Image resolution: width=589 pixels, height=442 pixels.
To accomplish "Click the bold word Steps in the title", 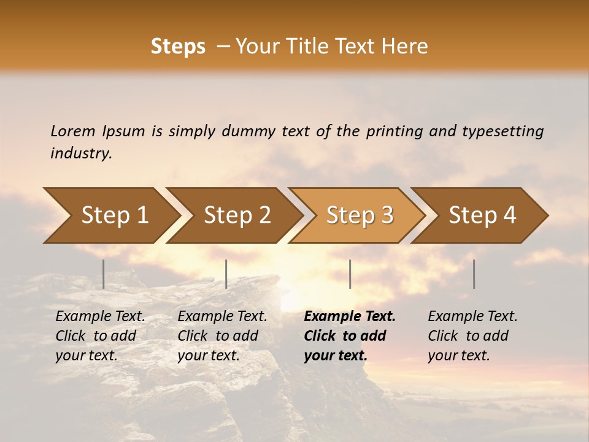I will pyautogui.click(x=178, y=47).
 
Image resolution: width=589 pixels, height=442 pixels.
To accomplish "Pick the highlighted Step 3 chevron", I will pyautogui.click(x=360, y=215).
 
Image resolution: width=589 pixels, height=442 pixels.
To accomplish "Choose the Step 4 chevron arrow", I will pyautogui.click(x=482, y=215).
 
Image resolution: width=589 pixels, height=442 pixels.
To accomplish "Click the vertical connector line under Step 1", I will pyautogui.click(x=104, y=274).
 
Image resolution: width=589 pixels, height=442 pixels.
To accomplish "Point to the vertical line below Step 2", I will pyautogui.click(x=226, y=274).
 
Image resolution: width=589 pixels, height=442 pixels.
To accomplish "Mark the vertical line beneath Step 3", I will pyautogui.click(x=350, y=274).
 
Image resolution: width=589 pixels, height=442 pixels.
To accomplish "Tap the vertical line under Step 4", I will pyautogui.click(x=474, y=274).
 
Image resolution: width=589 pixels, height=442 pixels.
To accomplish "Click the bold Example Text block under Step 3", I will pyautogui.click(x=350, y=336).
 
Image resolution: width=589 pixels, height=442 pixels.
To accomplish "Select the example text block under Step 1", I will pyautogui.click(x=100, y=336).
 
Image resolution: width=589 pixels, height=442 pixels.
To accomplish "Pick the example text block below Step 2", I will pyautogui.click(x=222, y=336).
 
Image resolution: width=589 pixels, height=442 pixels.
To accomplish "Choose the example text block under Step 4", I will pyautogui.click(x=472, y=336).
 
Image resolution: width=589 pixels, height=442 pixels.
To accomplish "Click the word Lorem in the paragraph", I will pyautogui.click(x=73, y=131).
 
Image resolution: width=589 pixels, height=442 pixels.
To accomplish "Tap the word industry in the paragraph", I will pyautogui.click(x=81, y=153).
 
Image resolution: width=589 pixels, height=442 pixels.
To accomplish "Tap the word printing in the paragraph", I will pyautogui.click(x=395, y=131).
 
